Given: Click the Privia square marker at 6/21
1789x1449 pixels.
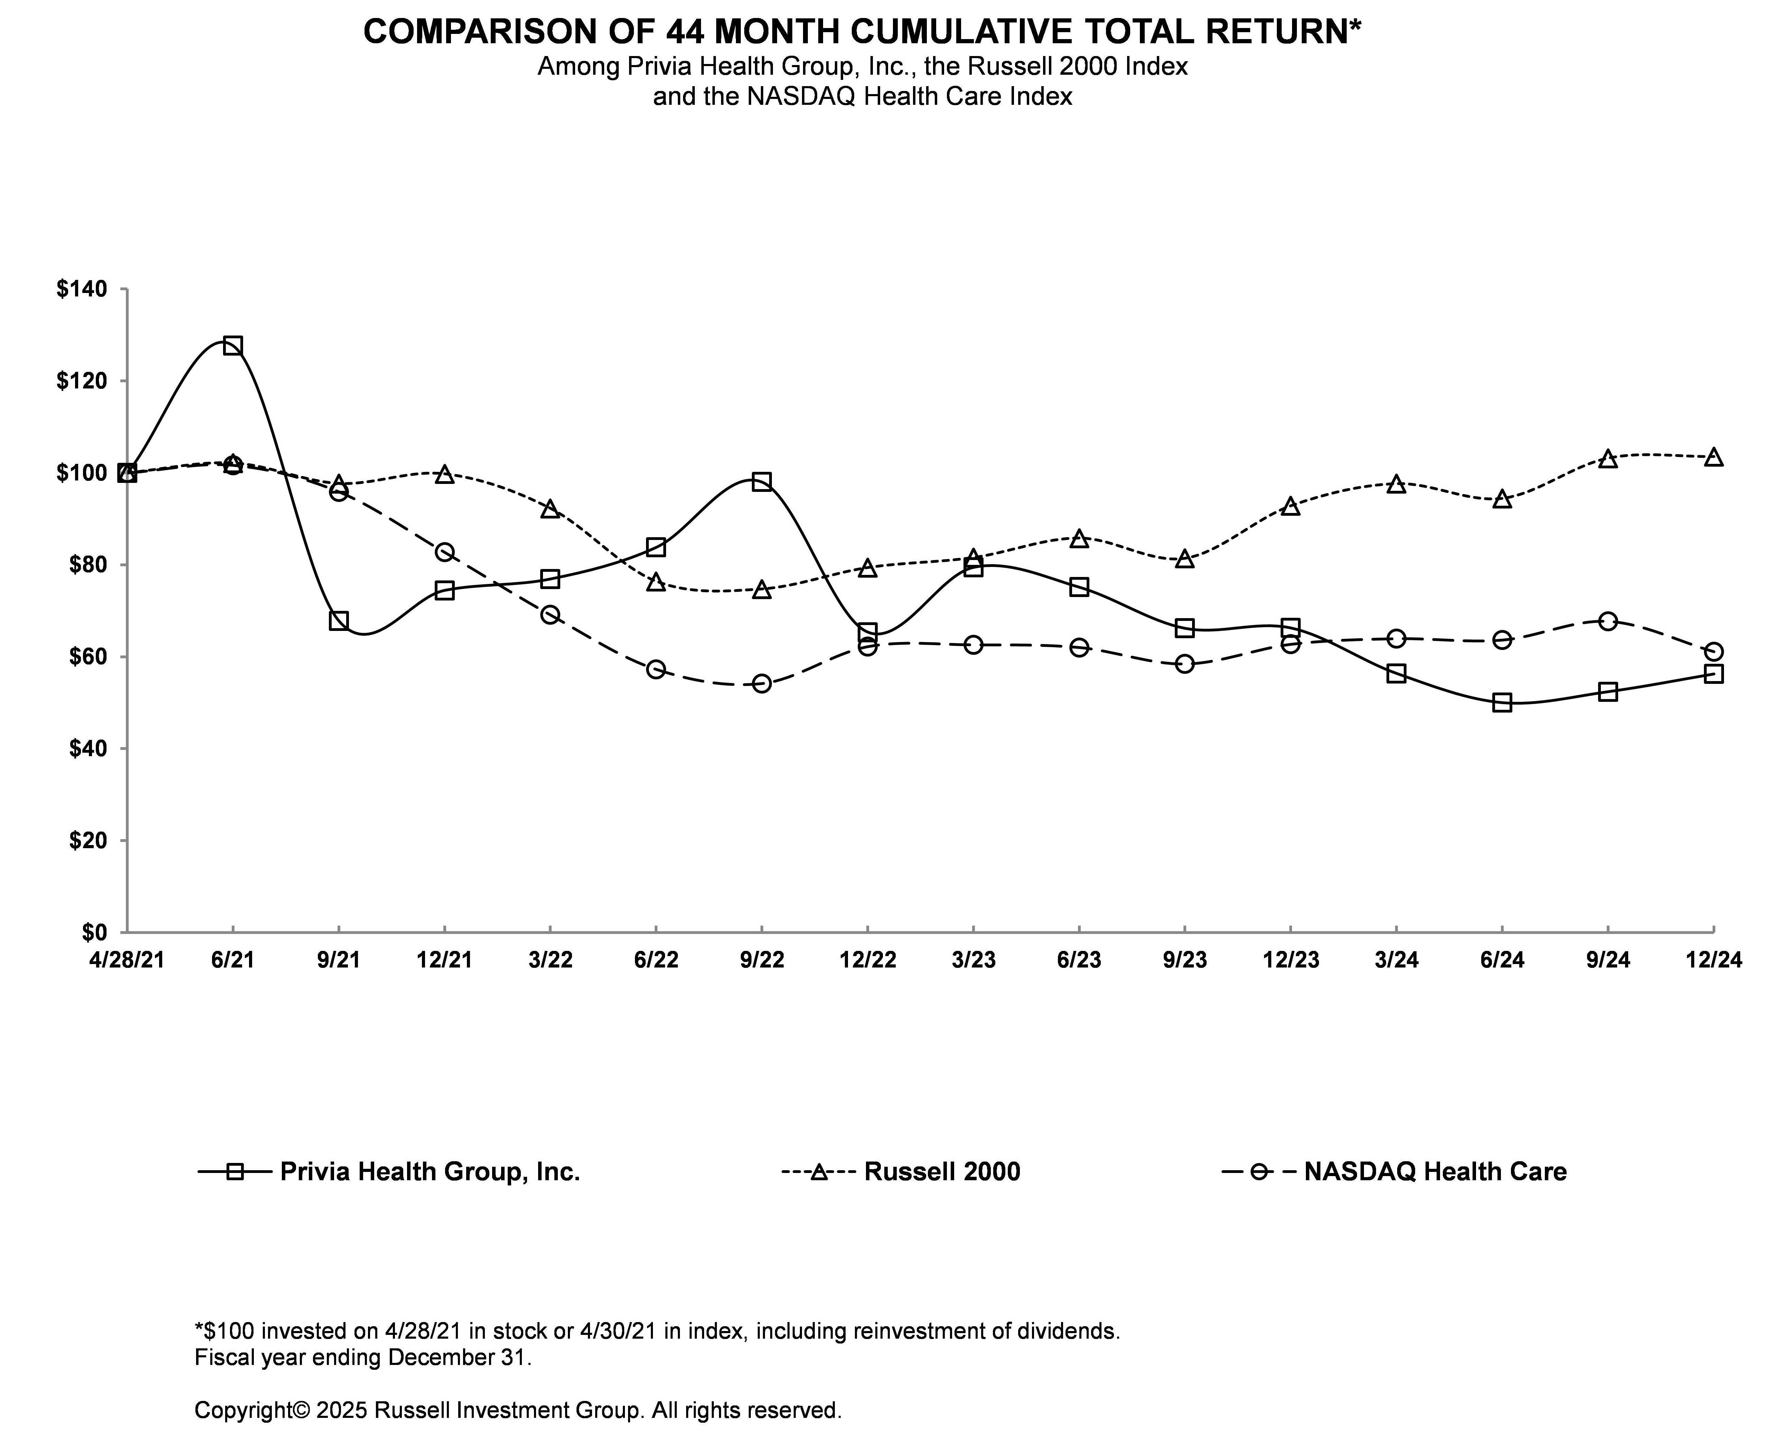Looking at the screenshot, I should coord(233,346).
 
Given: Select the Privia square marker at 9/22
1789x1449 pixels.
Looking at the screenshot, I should coord(761,482).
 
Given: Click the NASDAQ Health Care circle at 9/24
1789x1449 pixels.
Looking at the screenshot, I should coord(1608,621).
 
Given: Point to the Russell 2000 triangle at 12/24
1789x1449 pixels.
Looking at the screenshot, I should coord(1713,457).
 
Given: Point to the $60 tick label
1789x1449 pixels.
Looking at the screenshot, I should coord(86,657).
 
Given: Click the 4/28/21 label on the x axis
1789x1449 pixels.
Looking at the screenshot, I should coord(127,960).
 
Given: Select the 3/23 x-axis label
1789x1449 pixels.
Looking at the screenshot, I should coord(973,960).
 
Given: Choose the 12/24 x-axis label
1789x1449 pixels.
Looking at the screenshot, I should coord(1713,960).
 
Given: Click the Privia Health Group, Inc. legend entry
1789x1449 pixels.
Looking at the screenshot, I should coord(430,1172).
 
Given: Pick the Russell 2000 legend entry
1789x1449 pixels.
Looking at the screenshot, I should coord(941,1172).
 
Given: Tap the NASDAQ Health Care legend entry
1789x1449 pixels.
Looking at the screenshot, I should coord(1435,1172).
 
